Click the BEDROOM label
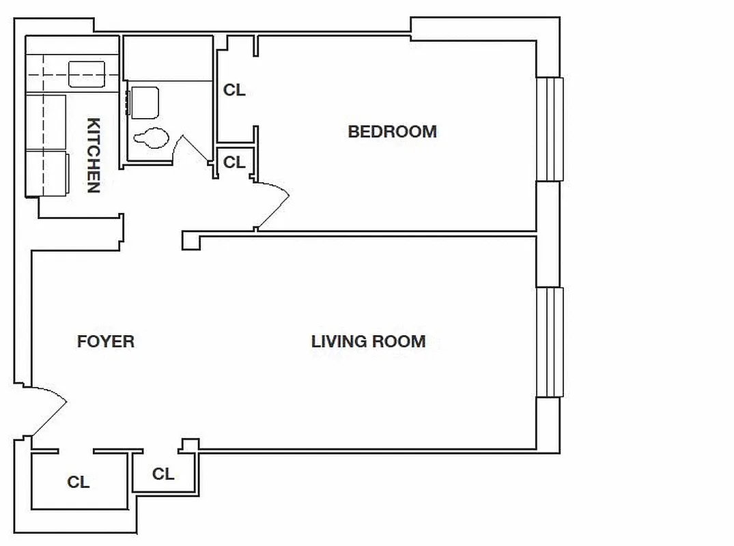click(x=392, y=132)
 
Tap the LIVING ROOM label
click(x=368, y=341)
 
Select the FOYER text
click(x=106, y=341)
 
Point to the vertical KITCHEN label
click(x=94, y=156)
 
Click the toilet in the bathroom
click(x=151, y=138)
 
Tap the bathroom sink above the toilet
click(x=145, y=102)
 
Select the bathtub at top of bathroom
click(x=168, y=59)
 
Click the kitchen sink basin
click(x=87, y=74)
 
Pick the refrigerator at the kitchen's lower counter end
click(x=47, y=173)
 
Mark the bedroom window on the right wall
click(x=550, y=129)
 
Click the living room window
click(x=550, y=342)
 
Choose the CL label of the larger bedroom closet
click(x=234, y=90)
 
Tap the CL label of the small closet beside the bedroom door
click(x=234, y=162)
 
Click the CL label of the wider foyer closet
click(x=79, y=483)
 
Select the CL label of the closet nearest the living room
click(x=163, y=474)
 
